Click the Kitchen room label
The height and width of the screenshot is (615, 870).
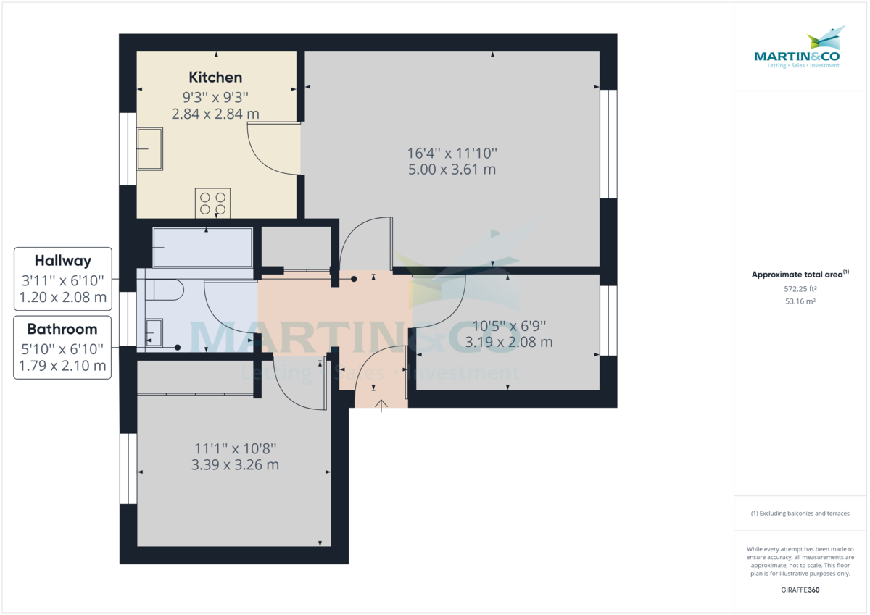tap(215, 77)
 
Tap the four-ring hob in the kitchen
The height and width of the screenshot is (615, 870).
tap(212, 203)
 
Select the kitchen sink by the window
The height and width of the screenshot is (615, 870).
tap(150, 148)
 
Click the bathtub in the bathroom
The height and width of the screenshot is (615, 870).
tap(202, 248)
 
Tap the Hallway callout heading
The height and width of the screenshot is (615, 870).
tap(63, 261)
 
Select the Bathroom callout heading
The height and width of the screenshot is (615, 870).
tap(62, 329)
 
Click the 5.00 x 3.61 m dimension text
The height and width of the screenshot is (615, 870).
tap(452, 170)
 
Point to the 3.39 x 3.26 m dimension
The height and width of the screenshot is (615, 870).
tap(235, 464)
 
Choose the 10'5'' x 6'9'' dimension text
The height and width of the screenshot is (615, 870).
tap(508, 326)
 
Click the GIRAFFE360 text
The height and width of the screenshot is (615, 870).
tap(800, 590)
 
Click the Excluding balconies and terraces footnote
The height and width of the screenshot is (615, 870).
tap(800, 514)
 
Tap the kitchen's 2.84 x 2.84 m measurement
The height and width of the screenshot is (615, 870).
tap(215, 114)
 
